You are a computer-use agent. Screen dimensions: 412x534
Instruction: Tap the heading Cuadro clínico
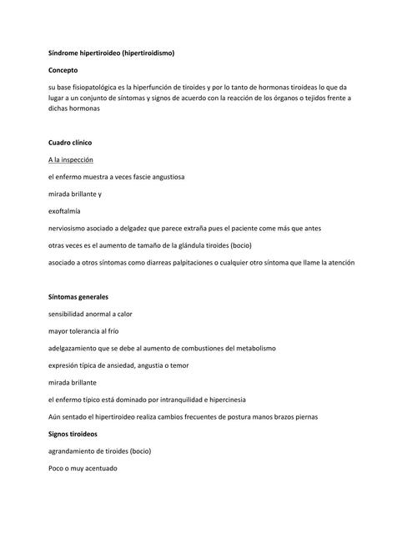pos(70,143)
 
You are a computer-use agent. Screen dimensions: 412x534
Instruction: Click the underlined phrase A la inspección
pos(71,159)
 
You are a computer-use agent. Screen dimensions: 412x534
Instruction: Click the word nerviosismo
pos(70,228)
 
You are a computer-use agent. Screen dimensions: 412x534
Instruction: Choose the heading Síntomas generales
pos(78,296)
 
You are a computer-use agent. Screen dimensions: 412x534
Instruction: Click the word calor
pos(123,314)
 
